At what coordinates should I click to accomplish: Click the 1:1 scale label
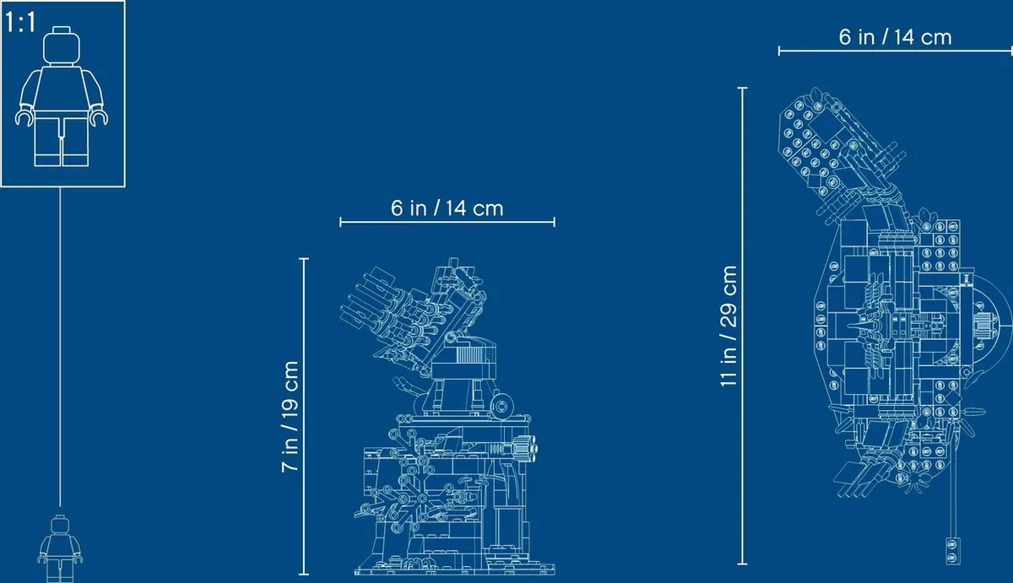(x=20, y=23)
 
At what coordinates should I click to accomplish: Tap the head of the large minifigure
(x=62, y=45)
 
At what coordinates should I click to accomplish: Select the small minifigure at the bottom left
(x=60, y=549)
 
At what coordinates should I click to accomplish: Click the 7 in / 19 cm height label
(x=290, y=417)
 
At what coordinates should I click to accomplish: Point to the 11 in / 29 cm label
(x=729, y=327)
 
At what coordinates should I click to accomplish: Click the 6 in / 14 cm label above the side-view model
(x=447, y=208)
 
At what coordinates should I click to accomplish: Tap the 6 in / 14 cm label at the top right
(x=896, y=37)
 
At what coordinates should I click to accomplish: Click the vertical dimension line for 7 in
(x=304, y=417)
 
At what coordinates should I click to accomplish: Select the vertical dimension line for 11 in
(x=742, y=326)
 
